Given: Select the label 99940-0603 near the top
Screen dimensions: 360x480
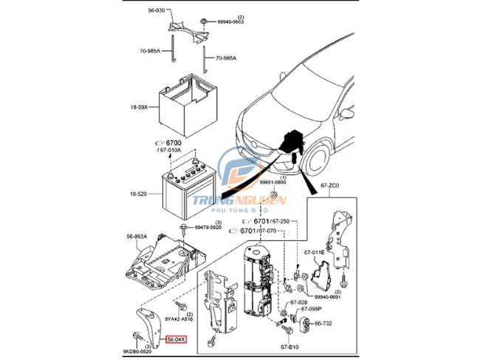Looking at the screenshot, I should (x=230, y=22).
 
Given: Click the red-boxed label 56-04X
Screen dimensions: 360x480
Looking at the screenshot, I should (x=176, y=339).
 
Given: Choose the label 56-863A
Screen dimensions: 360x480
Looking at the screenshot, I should (x=137, y=237).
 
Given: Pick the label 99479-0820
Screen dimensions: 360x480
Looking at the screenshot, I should (x=209, y=228).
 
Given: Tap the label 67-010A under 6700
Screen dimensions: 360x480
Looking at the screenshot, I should (x=174, y=150).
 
